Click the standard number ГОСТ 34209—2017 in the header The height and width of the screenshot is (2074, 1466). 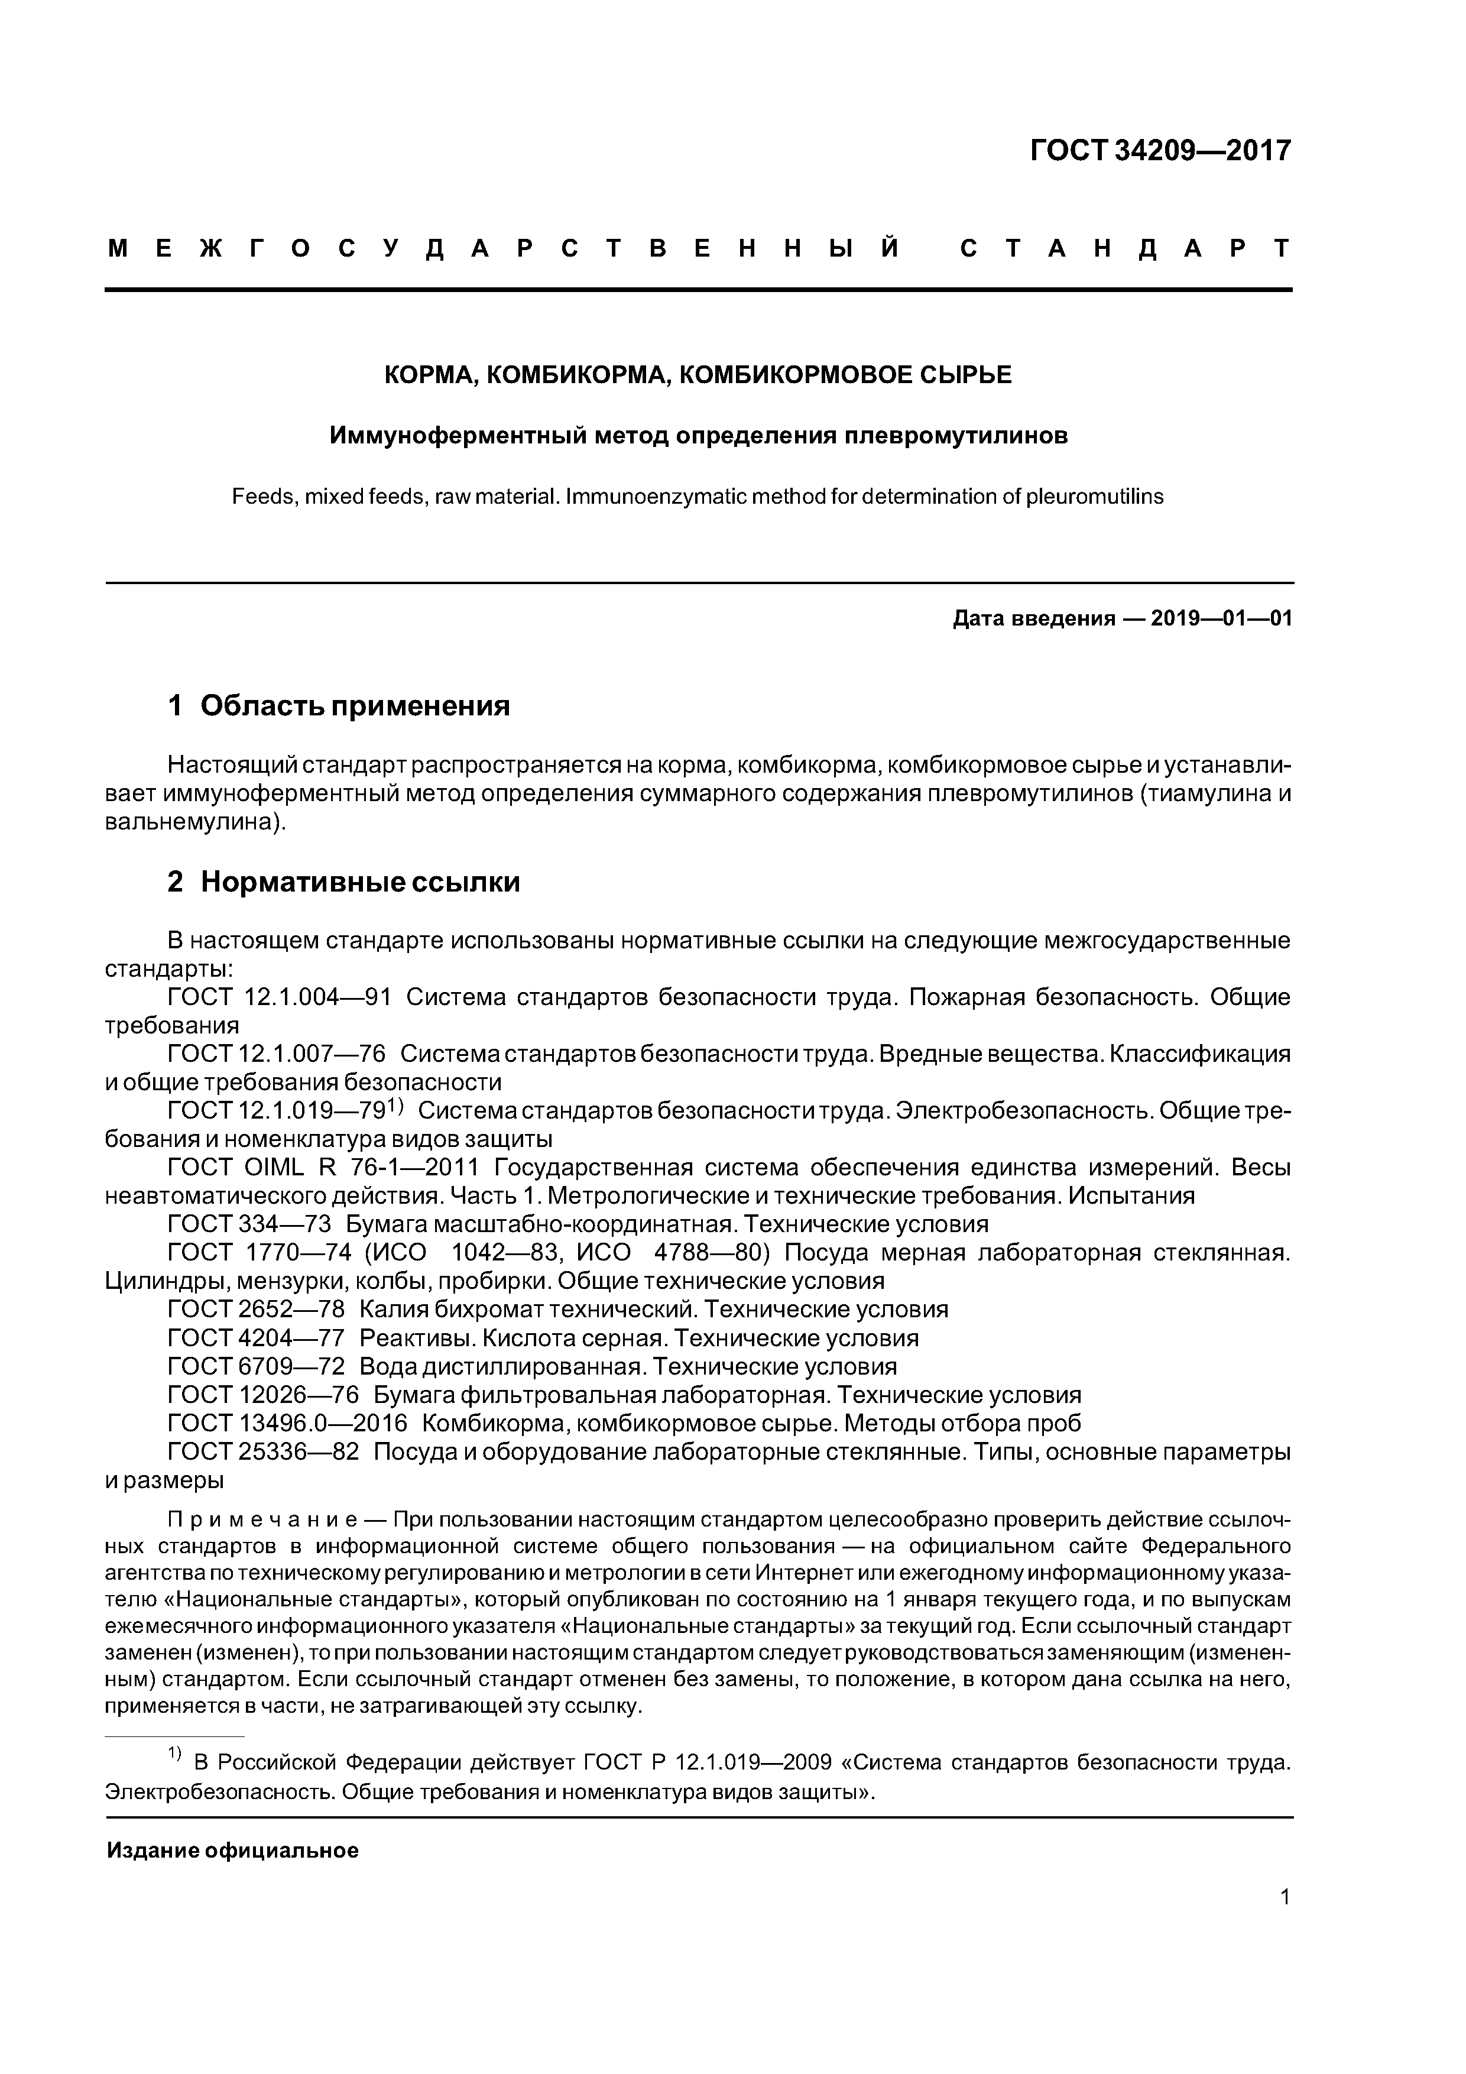[x=1161, y=150]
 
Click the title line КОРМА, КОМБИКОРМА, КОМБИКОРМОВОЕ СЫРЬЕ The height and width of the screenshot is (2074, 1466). [x=698, y=374]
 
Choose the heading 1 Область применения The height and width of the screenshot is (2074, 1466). [x=339, y=705]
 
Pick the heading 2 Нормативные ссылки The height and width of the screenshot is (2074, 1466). [x=343, y=882]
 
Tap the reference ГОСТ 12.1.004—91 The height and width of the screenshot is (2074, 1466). [x=279, y=997]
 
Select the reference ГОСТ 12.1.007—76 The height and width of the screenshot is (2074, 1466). [x=277, y=1054]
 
